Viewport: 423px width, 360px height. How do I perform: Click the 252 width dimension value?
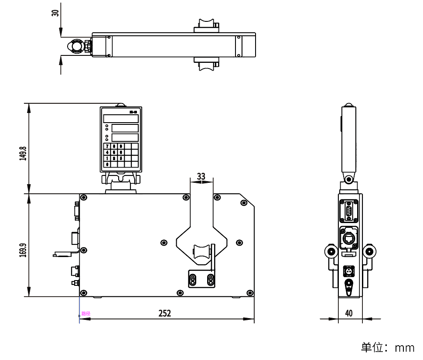(x=164, y=313)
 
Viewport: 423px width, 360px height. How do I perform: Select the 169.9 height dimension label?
(x=23, y=247)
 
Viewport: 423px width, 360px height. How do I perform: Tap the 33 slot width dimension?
(x=201, y=176)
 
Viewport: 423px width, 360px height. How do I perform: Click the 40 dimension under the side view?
(x=349, y=313)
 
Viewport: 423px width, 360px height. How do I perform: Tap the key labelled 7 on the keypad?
(x=107, y=146)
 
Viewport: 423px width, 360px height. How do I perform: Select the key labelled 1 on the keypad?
(x=107, y=158)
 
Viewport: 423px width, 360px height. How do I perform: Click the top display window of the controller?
(x=121, y=119)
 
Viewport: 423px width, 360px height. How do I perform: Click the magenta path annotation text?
(x=85, y=313)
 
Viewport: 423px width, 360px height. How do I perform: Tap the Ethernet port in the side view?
(x=349, y=238)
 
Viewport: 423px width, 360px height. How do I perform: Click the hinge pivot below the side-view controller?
(x=348, y=179)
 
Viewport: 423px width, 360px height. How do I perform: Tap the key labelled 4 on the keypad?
(x=107, y=152)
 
